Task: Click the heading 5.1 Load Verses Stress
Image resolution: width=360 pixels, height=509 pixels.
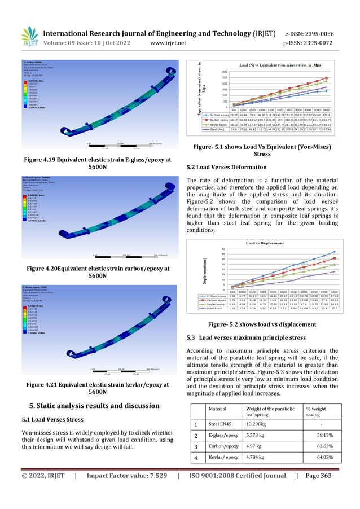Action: [54, 419]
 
